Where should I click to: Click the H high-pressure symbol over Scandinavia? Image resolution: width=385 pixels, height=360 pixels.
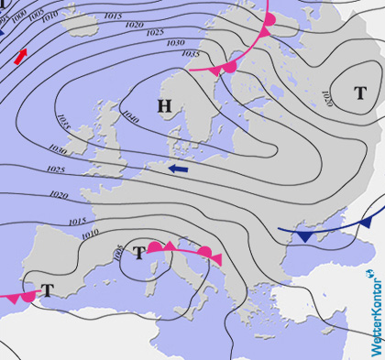click(x=164, y=106)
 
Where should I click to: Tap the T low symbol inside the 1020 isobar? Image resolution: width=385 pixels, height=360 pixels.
click(x=360, y=93)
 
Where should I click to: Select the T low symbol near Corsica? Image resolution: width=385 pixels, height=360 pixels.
click(x=139, y=253)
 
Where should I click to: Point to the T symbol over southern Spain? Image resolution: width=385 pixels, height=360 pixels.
click(x=47, y=290)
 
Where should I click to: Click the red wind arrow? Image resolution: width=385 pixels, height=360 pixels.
click(x=20, y=56)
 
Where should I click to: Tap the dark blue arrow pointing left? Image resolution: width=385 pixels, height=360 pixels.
click(x=178, y=169)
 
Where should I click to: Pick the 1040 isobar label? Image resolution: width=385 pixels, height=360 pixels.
click(x=129, y=116)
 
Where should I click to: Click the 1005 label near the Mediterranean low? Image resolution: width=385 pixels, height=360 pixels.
click(x=117, y=251)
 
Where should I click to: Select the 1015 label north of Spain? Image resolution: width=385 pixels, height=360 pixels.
click(x=77, y=221)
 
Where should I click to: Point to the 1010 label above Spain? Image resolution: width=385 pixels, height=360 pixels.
click(x=89, y=235)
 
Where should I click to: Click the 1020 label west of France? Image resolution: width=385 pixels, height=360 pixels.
click(x=59, y=195)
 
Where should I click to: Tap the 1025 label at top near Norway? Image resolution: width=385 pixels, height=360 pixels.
click(x=155, y=33)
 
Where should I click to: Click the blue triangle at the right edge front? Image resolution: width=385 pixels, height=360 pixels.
click(x=365, y=223)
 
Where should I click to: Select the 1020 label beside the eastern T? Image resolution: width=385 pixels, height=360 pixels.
click(x=327, y=96)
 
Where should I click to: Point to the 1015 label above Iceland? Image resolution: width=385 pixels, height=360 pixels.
click(x=112, y=16)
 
